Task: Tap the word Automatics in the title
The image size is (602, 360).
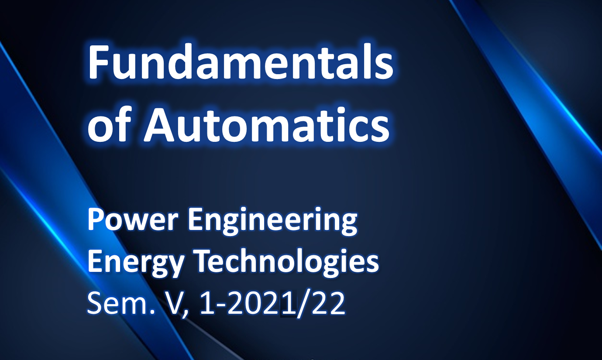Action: [x=267, y=124]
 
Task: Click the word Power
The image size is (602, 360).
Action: [x=133, y=220]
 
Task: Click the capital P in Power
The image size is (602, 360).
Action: [x=96, y=220]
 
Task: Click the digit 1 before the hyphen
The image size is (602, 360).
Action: [x=206, y=304]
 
